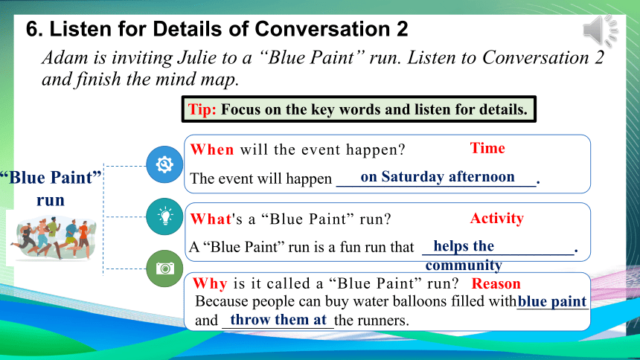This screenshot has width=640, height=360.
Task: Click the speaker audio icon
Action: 600,30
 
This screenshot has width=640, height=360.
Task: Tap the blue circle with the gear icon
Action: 164,164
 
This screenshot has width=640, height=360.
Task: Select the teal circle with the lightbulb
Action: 164,216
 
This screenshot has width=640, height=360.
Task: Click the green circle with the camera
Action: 164,269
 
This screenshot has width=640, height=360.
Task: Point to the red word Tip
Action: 202,109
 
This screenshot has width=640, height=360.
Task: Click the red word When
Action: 212,150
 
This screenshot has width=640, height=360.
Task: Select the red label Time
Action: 487,148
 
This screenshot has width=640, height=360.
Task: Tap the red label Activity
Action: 496,219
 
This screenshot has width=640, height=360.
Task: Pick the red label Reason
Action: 496,283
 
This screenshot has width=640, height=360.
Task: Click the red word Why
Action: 210,283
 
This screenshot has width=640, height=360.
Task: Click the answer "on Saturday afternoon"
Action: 438,176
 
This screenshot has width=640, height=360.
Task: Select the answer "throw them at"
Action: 278,319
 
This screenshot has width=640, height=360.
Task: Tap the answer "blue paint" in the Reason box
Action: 552,301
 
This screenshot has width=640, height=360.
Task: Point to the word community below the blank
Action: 464,266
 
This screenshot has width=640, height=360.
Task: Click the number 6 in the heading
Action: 32,29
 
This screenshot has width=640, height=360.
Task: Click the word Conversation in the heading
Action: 322,29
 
